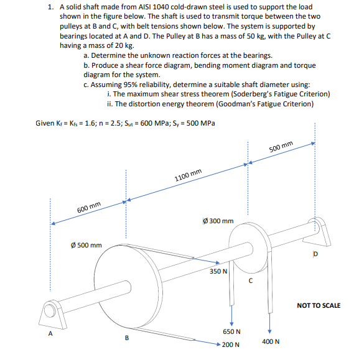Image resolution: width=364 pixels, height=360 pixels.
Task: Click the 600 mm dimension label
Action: point(89,207)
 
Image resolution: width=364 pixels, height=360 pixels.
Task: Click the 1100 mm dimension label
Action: point(188,175)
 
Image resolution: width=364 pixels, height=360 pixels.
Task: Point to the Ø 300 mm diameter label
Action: point(218,220)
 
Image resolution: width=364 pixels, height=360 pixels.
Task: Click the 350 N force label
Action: point(218,271)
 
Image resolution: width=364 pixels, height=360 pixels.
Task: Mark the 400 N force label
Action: point(271,341)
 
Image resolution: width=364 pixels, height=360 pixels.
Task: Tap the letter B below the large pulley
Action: point(127,338)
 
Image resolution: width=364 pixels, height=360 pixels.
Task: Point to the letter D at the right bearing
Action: point(315,254)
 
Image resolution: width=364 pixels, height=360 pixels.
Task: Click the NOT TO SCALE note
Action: point(319,305)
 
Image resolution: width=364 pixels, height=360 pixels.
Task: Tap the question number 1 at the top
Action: point(50,7)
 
